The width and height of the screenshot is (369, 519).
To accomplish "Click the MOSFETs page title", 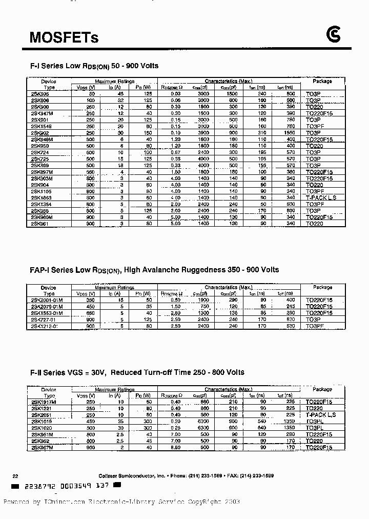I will (64, 37).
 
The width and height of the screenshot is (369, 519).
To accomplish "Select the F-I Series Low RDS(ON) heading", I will (94, 66).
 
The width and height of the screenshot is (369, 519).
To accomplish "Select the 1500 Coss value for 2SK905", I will (232, 94).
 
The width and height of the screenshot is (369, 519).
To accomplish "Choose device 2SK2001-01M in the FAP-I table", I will (47, 300).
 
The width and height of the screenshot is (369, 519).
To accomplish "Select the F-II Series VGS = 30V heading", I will (137, 372).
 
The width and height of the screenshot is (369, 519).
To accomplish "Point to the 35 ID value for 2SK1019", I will (121, 421).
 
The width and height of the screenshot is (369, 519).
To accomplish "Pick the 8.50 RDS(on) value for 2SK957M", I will (175, 447).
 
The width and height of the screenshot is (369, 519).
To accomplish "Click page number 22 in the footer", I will (15, 475).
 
